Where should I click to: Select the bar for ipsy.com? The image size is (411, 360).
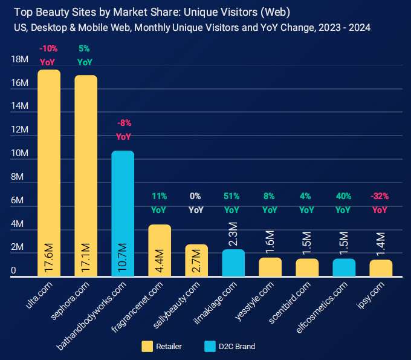(x=381, y=268)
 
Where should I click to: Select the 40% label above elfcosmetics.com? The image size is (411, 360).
(x=343, y=196)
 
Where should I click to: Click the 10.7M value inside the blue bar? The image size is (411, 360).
(x=122, y=257)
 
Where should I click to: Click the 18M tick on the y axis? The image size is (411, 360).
(x=20, y=59)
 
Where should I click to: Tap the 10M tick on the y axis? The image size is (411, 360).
(x=20, y=154)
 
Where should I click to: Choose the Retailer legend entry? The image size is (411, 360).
(x=162, y=347)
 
